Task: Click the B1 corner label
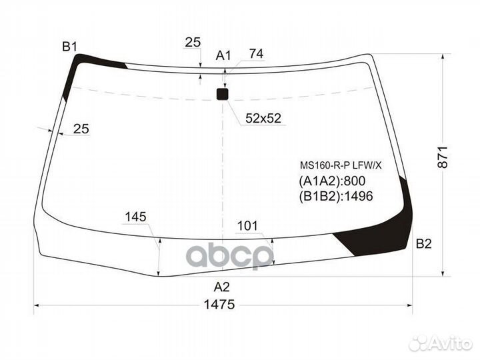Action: tap(70, 46)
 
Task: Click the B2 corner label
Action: tap(423, 244)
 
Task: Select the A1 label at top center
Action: tap(223, 55)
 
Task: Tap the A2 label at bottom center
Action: tap(221, 287)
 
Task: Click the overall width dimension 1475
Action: tap(219, 305)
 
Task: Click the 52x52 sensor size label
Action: tap(263, 119)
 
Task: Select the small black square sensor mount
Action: tap(223, 95)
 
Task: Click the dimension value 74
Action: tap(256, 54)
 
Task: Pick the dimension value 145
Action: tap(135, 217)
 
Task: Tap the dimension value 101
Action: tap(247, 226)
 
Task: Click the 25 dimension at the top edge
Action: tap(193, 43)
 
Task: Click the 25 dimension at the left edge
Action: tap(81, 129)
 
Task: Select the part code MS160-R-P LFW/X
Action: tap(339, 165)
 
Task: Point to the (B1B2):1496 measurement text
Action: tap(335, 196)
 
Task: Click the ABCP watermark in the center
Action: tap(229, 255)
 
